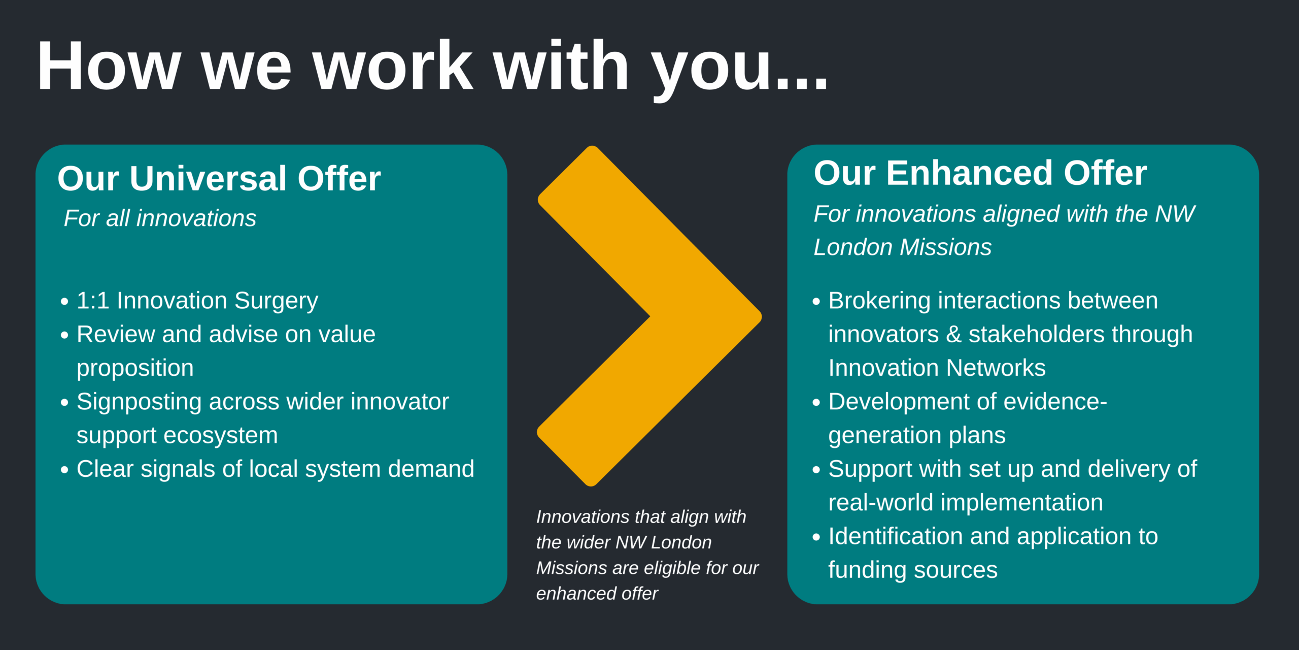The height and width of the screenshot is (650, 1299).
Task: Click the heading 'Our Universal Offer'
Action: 219,178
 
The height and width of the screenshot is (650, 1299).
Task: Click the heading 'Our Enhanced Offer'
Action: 980,173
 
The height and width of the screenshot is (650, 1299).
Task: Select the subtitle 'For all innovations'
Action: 160,218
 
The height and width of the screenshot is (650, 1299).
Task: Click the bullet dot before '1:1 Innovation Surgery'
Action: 64,302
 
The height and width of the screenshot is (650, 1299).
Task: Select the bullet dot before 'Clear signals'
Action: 64,470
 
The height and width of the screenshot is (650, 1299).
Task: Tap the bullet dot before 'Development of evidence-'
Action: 816,403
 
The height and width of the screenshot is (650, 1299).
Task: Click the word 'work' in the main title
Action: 393,66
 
